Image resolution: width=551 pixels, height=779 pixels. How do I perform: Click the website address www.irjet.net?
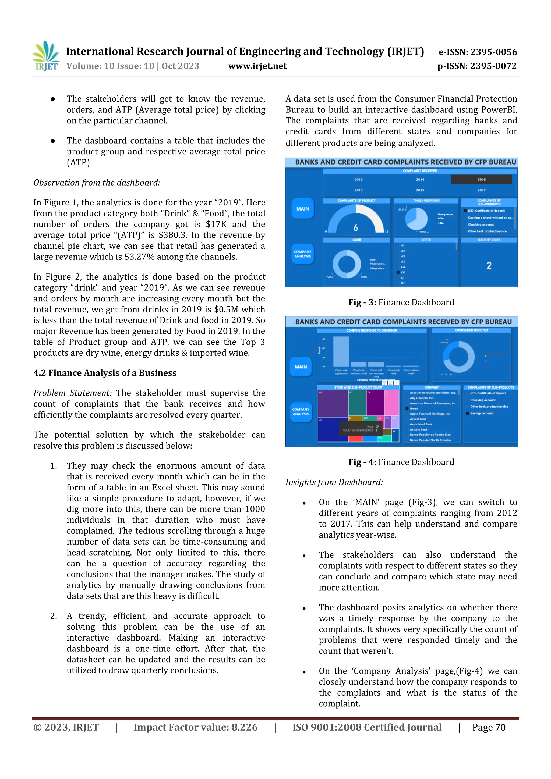(257, 66)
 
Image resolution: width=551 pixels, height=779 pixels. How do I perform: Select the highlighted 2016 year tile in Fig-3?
(481, 179)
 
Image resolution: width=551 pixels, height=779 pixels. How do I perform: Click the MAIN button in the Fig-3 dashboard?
(302, 209)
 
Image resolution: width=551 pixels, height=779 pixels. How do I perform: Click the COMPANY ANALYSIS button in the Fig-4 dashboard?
(301, 412)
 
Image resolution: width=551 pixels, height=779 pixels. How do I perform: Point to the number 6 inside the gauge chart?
(355, 227)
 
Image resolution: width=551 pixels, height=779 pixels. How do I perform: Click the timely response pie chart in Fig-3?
(416, 219)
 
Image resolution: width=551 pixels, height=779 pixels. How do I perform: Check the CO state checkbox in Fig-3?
(398, 272)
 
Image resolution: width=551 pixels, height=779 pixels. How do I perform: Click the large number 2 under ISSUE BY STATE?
(489, 266)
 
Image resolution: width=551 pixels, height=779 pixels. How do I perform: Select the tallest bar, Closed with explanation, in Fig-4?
(341, 351)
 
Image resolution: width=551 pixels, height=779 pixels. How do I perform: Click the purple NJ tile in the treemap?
(333, 404)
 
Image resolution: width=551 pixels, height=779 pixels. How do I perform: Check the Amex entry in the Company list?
(407, 408)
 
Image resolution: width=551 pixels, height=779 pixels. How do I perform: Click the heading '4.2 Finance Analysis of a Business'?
(105, 373)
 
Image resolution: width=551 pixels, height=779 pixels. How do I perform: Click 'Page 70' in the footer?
(488, 727)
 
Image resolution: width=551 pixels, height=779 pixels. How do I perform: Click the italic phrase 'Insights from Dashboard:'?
(334, 482)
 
